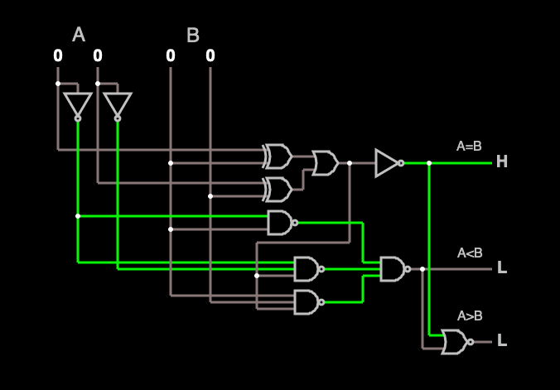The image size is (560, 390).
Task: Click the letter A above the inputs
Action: coord(79,35)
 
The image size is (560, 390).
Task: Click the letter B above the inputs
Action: coord(193,36)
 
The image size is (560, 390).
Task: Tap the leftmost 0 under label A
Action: coord(58,55)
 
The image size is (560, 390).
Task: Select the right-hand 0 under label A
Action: coord(98,55)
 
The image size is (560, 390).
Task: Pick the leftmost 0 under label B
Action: coord(171,55)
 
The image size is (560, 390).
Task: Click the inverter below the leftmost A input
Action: coord(78,105)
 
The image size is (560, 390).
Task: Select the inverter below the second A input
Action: coord(118,105)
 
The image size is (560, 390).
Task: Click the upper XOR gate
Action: coord(278,156)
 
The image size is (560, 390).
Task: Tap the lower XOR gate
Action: coord(278,190)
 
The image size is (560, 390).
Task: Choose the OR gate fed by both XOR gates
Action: coord(325,163)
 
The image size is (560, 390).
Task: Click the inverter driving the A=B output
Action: coord(388,163)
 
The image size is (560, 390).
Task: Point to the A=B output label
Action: coord(469,147)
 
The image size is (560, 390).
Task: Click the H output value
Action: coord(501,162)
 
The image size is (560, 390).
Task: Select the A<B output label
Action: coord(470,253)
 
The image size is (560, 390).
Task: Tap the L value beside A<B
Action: coord(501,268)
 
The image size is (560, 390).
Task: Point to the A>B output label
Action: coord(470,316)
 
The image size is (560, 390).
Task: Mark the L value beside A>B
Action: coord(501,341)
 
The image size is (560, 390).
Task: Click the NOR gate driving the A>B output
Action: coord(456,341)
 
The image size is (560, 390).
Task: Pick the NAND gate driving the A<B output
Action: coord(393,268)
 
